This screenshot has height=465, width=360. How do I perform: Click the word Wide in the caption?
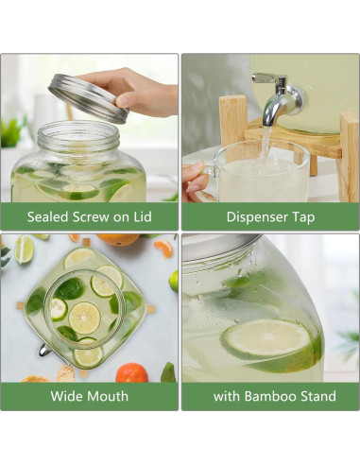(x=69, y=396)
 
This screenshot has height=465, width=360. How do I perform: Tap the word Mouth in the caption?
(x=108, y=396)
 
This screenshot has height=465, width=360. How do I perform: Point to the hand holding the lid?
(x=142, y=90)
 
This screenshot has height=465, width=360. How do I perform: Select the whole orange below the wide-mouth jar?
(x=132, y=372)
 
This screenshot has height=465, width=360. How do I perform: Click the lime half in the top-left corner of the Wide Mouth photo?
(x=24, y=249)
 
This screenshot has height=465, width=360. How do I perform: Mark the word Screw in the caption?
(x=97, y=216)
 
